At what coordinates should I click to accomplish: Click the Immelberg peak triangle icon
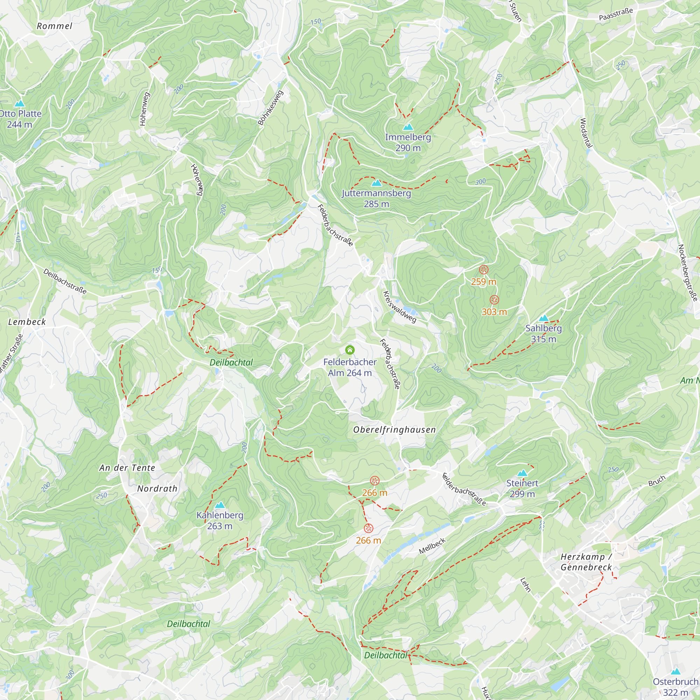pyautogui.click(x=408, y=127)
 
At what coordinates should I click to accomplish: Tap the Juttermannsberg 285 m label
pyautogui.click(x=377, y=198)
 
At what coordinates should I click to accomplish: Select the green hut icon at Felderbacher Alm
pyautogui.click(x=350, y=350)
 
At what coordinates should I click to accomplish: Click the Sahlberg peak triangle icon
pyautogui.click(x=543, y=318)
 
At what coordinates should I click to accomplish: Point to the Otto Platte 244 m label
pyautogui.click(x=20, y=119)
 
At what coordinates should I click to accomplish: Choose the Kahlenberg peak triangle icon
pyautogui.click(x=219, y=505)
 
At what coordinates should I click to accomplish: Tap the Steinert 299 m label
pyautogui.click(x=522, y=488)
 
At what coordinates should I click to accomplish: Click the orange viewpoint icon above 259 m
pyautogui.click(x=484, y=269)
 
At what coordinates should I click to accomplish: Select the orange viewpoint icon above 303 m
pyautogui.click(x=494, y=300)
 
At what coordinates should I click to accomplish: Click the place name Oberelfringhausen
pyautogui.click(x=394, y=430)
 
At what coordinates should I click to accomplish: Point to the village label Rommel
pyautogui.click(x=54, y=26)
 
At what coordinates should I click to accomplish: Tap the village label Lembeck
pyautogui.click(x=27, y=322)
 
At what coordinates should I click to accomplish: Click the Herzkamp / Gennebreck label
pyautogui.click(x=586, y=562)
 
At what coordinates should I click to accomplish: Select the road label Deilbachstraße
pyautogui.click(x=65, y=281)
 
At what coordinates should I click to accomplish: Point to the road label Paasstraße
pyautogui.click(x=616, y=14)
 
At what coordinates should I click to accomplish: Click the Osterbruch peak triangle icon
pyautogui.click(x=675, y=671)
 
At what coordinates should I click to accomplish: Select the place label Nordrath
pyautogui.click(x=157, y=488)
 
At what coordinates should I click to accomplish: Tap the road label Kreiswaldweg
pyautogui.click(x=400, y=307)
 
